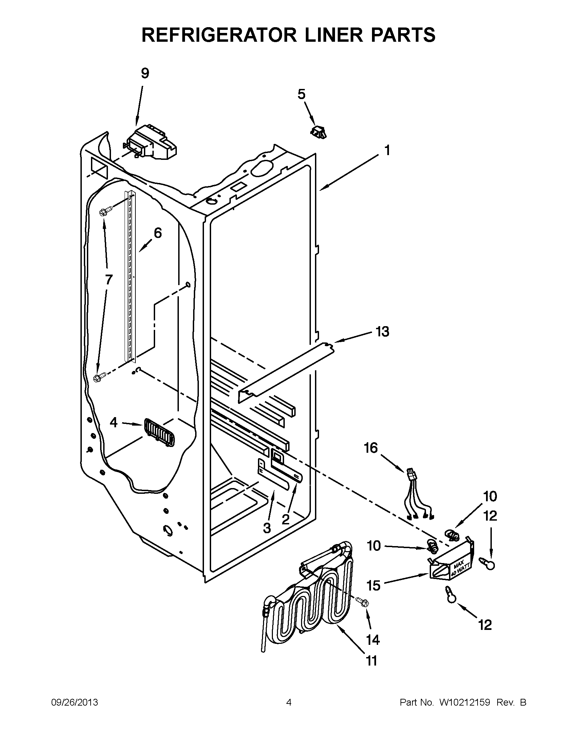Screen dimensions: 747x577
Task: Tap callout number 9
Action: [145, 74]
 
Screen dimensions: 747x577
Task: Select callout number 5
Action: [301, 94]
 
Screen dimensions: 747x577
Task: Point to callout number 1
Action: [387, 150]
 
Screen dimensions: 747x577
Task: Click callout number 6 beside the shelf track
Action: [157, 233]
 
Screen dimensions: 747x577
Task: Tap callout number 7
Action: [108, 280]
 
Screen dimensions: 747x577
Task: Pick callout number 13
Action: [383, 332]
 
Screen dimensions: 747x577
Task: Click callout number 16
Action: [371, 448]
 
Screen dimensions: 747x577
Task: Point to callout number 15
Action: [373, 585]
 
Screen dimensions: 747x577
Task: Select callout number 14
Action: [373, 639]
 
